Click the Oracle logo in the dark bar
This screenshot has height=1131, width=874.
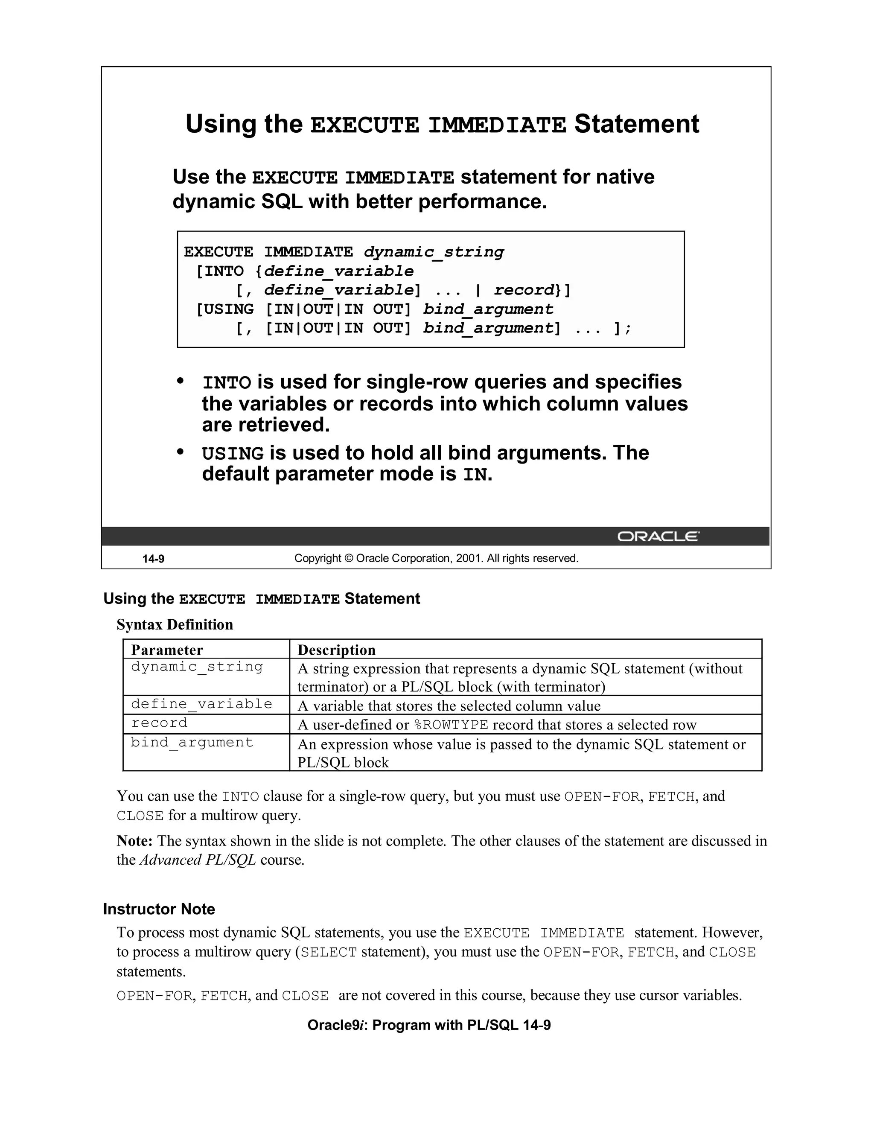(x=658, y=536)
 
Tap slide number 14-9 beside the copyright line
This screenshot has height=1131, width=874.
(x=153, y=559)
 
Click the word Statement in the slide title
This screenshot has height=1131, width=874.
(x=636, y=124)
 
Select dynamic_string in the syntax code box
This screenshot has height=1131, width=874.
(x=434, y=252)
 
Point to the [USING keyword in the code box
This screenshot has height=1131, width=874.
(x=225, y=309)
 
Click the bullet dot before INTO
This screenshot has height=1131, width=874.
(x=180, y=381)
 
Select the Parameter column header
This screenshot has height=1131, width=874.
(x=167, y=650)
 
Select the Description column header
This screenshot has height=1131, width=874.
(x=337, y=650)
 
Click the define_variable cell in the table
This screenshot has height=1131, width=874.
(x=201, y=704)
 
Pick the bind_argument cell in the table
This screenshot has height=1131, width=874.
(x=192, y=743)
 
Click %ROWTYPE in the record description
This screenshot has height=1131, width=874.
(x=452, y=725)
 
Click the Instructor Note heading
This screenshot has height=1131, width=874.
(x=159, y=909)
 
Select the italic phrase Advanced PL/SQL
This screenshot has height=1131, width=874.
(x=198, y=860)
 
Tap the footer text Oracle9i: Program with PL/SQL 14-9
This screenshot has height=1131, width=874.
(x=429, y=1025)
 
